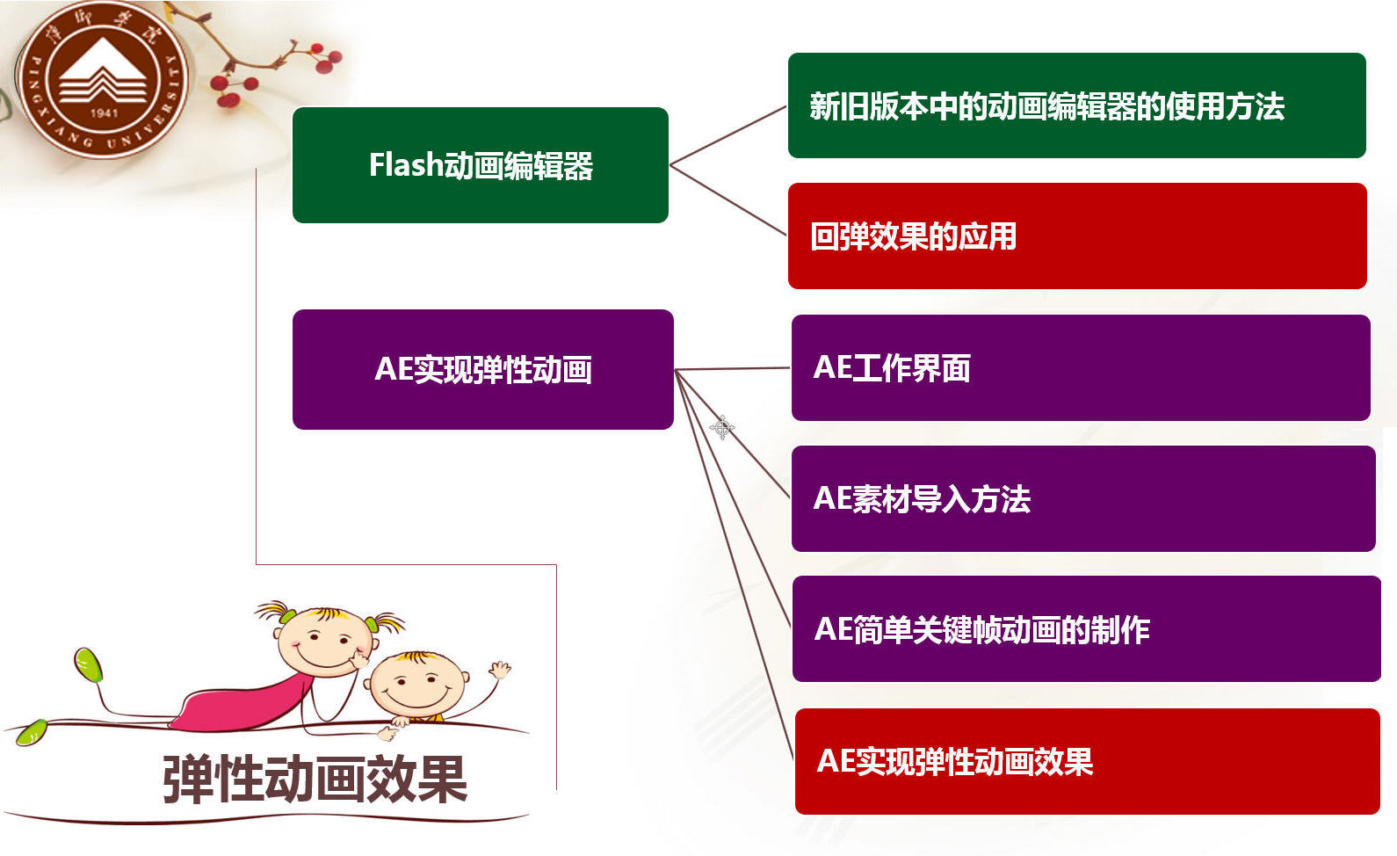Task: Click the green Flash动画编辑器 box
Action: (x=481, y=164)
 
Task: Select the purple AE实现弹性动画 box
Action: (x=482, y=369)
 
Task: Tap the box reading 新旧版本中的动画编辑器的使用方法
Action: (x=1077, y=105)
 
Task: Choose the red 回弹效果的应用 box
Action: (x=1078, y=236)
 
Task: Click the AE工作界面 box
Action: (x=1081, y=367)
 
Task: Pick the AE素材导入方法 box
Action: (x=1083, y=498)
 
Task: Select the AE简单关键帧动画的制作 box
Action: (x=1087, y=629)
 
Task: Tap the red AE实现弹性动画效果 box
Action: (x=1088, y=761)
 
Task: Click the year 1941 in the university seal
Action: (x=105, y=113)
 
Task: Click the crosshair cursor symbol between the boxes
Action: (x=722, y=427)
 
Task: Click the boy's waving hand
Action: (x=499, y=670)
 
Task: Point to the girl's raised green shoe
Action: (x=89, y=664)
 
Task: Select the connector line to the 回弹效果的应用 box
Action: (x=727, y=200)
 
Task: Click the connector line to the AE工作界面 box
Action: (x=732, y=369)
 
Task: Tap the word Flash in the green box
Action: (x=406, y=164)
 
